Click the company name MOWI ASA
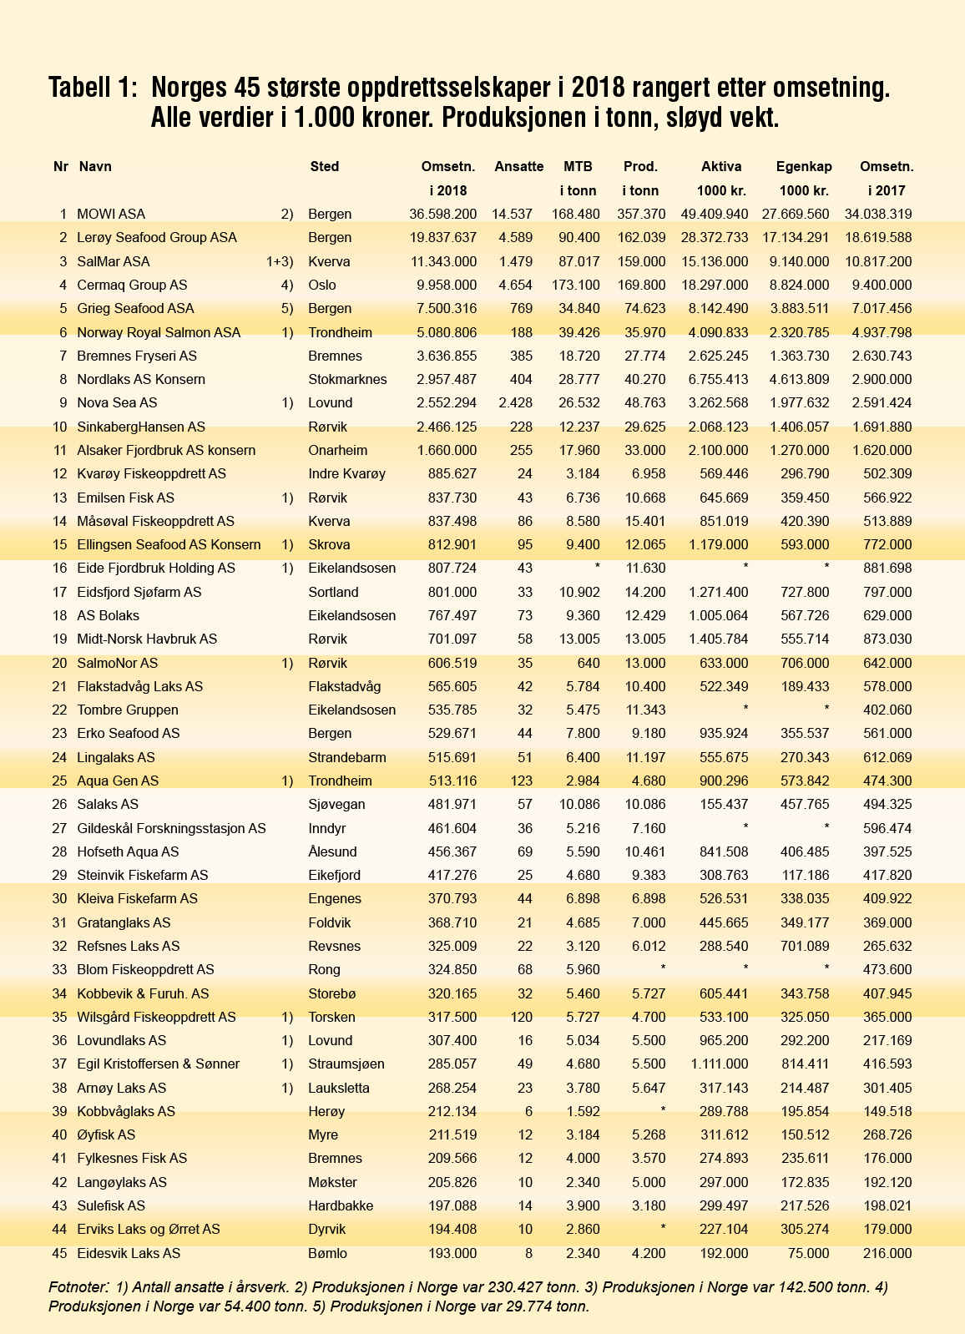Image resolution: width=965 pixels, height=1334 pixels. (111, 215)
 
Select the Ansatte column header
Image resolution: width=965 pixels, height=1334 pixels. (518, 166)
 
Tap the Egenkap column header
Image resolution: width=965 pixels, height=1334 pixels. (803, 166)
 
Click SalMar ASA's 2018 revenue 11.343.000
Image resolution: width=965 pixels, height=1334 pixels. (443, 261)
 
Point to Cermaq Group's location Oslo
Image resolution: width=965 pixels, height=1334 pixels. (322, 285)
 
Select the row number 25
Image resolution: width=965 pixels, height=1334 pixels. (59, 781)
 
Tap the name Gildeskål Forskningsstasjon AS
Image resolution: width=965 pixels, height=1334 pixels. (171, 828)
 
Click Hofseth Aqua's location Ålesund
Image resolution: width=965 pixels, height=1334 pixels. (332, 851)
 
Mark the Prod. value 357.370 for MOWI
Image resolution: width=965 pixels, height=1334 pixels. (641, 215)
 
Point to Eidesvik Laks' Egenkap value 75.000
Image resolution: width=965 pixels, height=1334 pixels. (808, 1253)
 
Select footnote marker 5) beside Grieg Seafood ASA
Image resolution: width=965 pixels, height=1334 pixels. (287, 309)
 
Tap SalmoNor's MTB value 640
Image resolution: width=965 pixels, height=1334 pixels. (588, 663)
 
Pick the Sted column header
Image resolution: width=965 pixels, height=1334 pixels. (324, 166)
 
